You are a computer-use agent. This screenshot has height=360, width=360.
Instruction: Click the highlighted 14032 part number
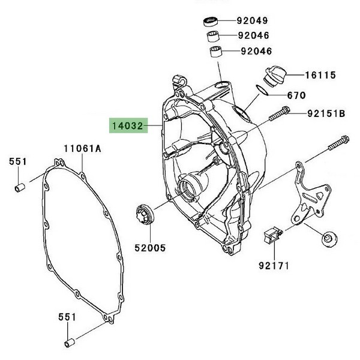pyautogui.click(x=126, y=127)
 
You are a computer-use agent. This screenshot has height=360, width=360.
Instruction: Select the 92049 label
pyautogui.click(x=252, y=20)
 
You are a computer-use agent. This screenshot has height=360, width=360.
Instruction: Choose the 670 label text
pyautogui.click(x=296, y=95)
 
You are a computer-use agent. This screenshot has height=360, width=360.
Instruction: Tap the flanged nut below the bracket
pyautogui.click(x=329, y=238)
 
